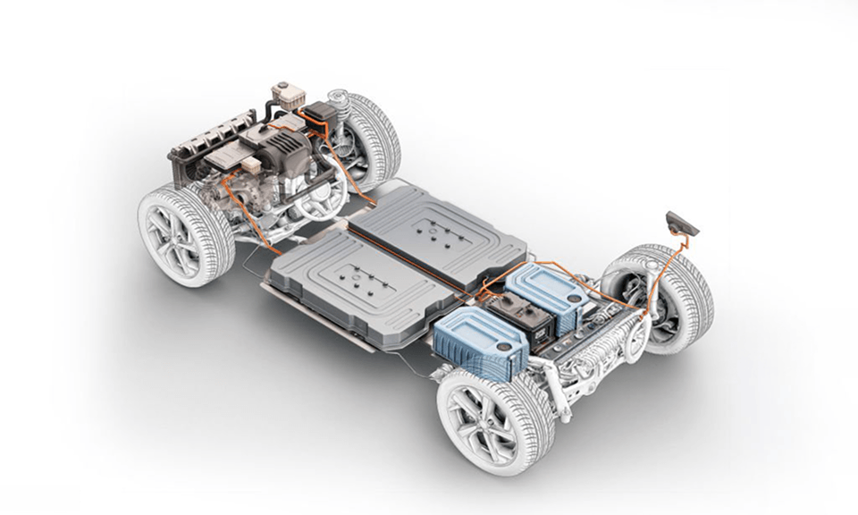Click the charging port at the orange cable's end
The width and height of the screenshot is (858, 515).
coord(683,222)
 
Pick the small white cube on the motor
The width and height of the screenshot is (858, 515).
coord(252,165)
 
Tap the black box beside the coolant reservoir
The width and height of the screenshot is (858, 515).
coord(319,116)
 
